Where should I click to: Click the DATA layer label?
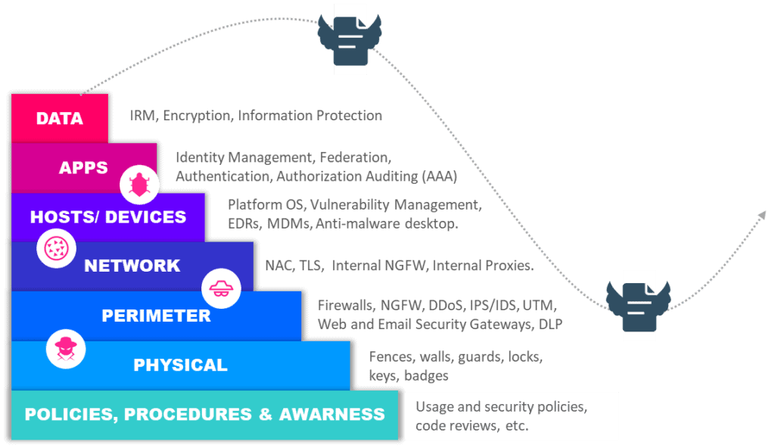click(x=59, y=119)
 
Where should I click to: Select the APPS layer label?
click(x=83, y=168)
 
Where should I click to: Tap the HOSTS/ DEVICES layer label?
click(x=108, y=217)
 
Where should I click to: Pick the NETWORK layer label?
click(x=132, y=266)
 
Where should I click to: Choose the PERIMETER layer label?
click(x=156, y=316)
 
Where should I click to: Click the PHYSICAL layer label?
click(x=180, y=365)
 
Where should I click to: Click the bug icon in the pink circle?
click(x=139, y=183)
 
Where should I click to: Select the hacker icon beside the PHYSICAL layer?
click(x=66, y=349)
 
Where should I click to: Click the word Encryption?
click(x=196, y=116)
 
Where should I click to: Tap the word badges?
click(x=426, y=375)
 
